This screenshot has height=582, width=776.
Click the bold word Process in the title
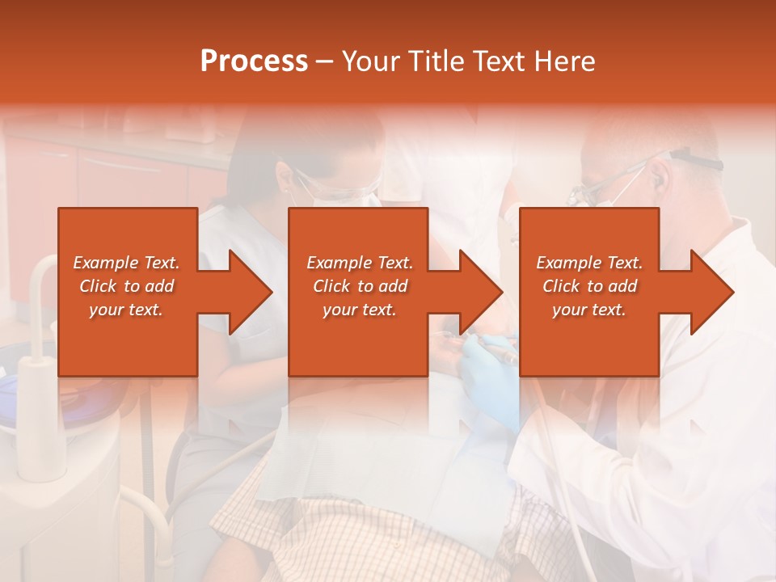[x=254, y=61]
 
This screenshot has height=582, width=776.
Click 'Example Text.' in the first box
[x=126, y=263]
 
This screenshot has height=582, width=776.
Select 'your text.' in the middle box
[x=359, y=310]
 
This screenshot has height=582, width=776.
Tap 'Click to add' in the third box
[x=589, y=286]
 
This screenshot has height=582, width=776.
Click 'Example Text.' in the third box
[x=589, y=263]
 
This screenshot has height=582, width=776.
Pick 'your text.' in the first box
[x=126, y=310]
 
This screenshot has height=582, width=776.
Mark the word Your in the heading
[x=372, y=61]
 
